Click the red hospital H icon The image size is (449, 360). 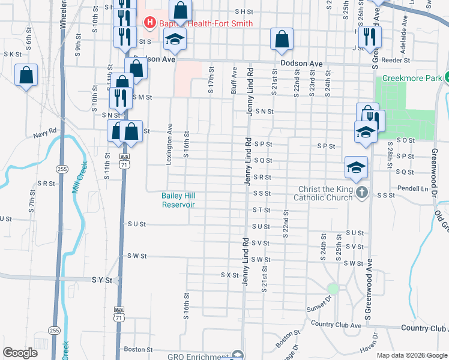pos(149,23)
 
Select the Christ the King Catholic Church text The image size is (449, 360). pos(325,193)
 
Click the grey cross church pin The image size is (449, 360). pos(361,193)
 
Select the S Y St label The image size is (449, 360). pos(102,280)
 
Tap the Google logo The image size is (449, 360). pos(20,353)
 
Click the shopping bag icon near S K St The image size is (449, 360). pos(26,76)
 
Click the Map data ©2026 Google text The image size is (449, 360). pos(412,355)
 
